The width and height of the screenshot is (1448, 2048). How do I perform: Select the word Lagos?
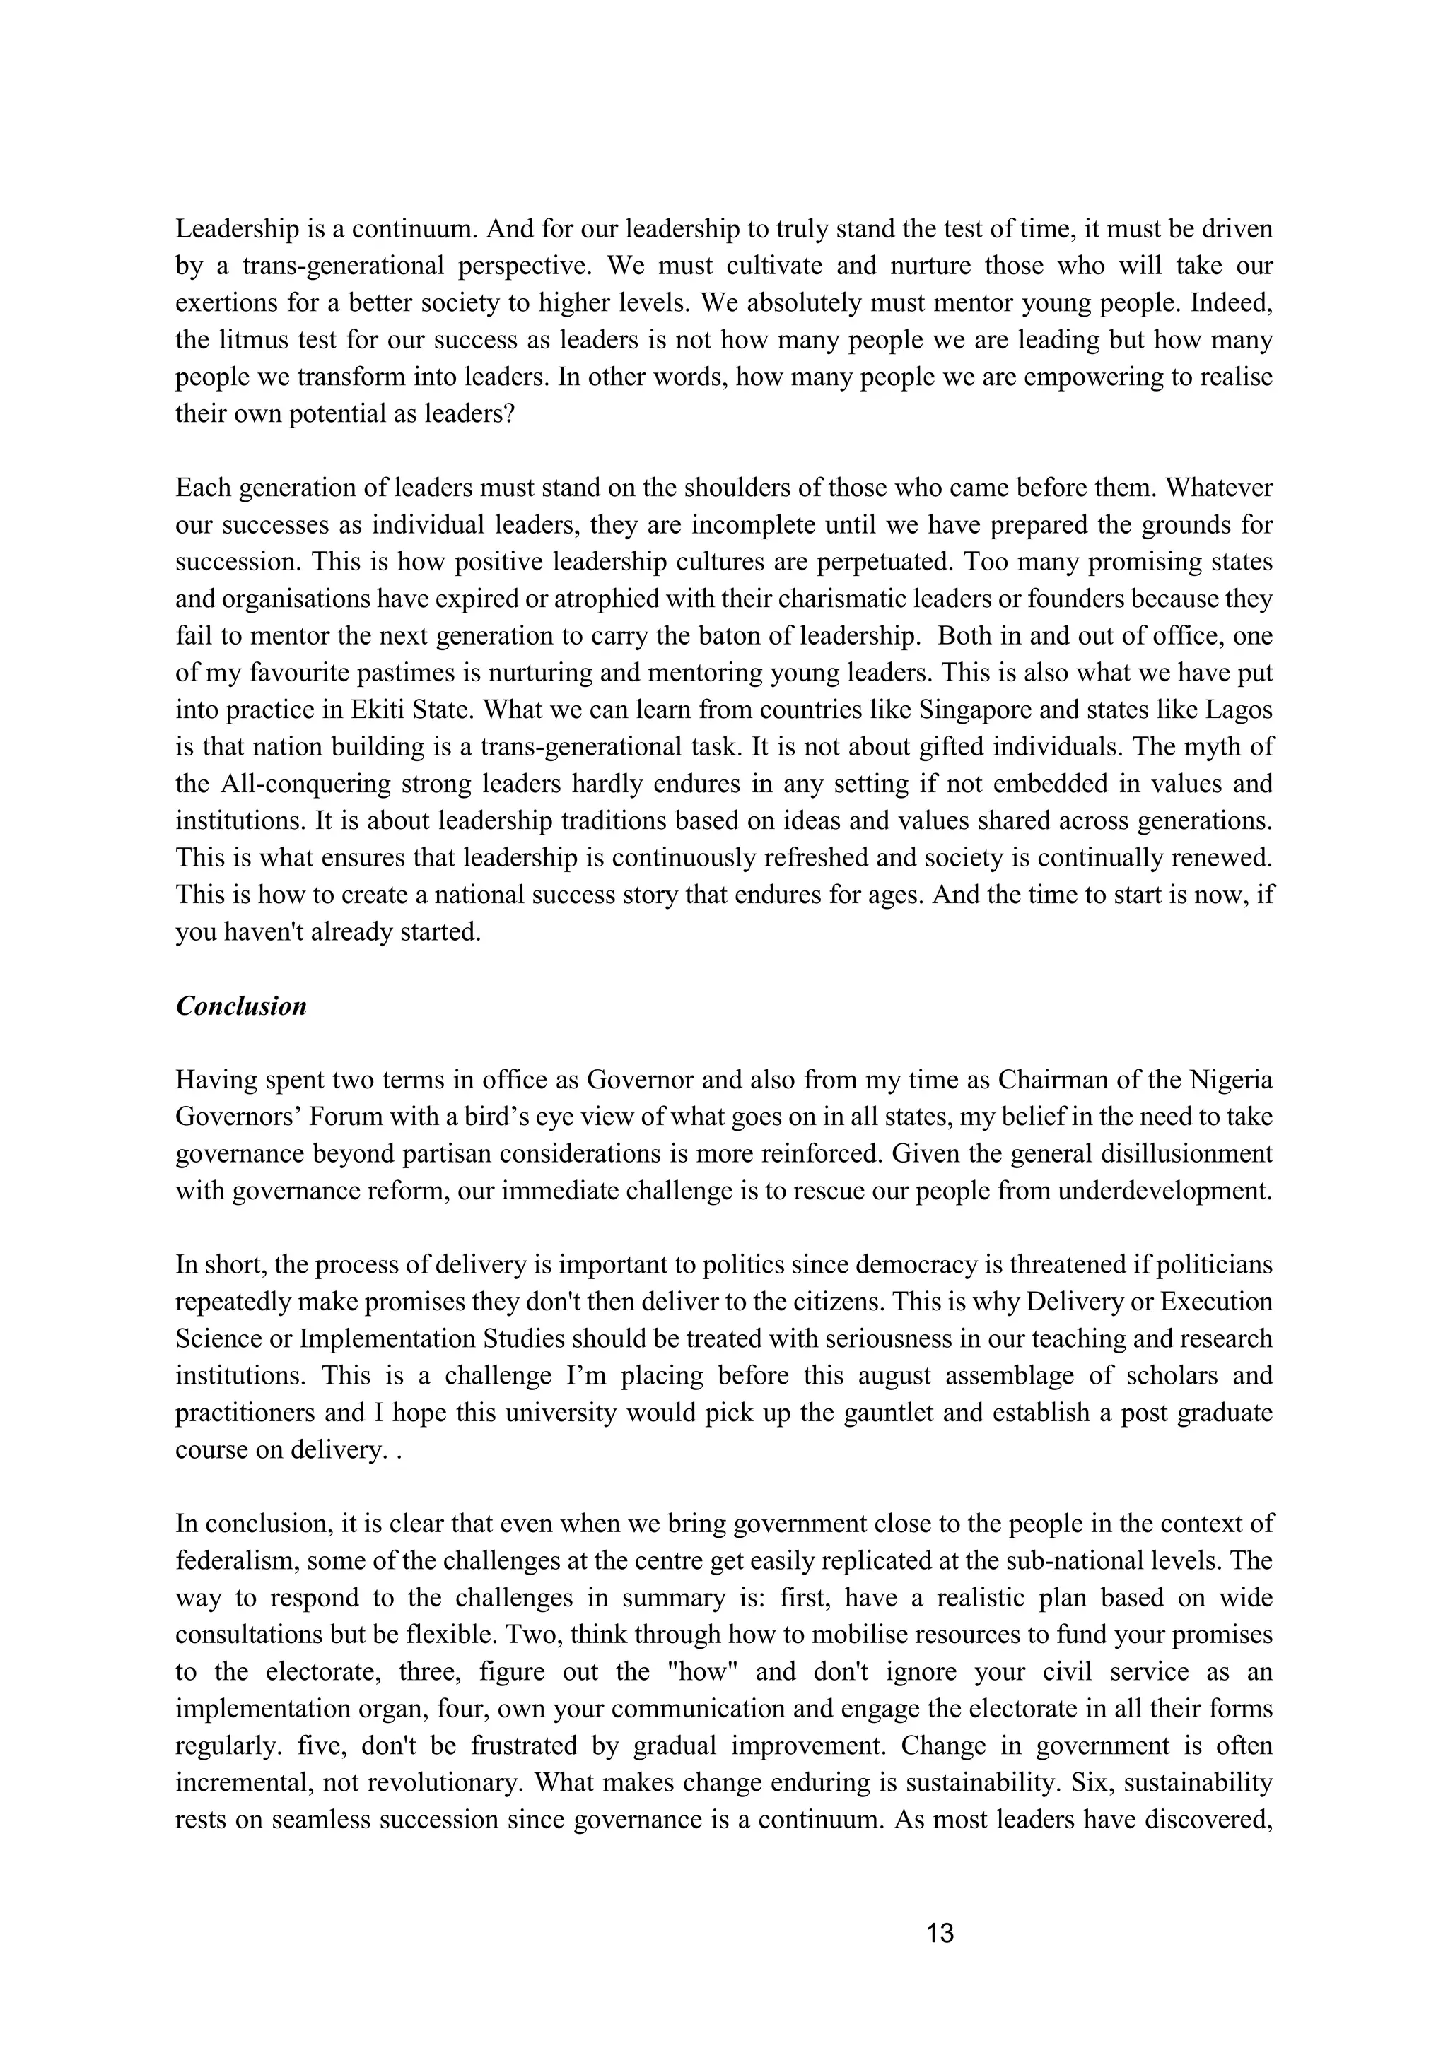[1239, 711]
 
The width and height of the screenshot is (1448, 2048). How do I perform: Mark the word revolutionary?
[436, 1784]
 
